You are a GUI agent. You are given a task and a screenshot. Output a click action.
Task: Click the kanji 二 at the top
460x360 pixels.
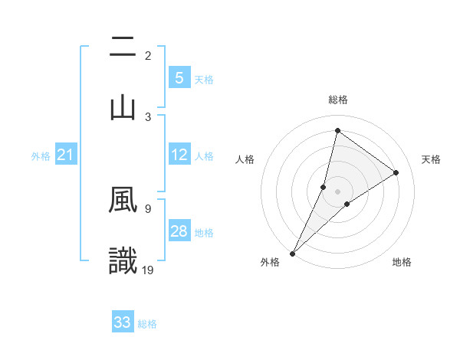[123, 48]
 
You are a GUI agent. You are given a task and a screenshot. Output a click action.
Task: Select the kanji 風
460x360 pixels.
[123, 201]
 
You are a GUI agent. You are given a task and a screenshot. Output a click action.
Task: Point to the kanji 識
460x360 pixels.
[123, 260]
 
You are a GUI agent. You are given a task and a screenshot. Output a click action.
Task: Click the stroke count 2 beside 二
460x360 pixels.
[148, 56]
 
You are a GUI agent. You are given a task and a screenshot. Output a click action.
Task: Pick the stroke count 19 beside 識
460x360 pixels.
[149, 269]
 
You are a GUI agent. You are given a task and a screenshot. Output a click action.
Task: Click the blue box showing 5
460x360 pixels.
[179, 78]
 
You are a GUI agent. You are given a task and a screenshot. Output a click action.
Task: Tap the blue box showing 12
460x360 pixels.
[179, 155]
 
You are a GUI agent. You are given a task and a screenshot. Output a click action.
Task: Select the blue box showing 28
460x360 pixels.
[179, 231]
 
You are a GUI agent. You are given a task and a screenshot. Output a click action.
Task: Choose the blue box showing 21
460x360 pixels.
[66, 155]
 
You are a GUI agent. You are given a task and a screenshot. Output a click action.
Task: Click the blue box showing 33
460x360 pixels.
[123, 322]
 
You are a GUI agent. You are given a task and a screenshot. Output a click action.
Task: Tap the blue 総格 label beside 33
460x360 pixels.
[147, 324]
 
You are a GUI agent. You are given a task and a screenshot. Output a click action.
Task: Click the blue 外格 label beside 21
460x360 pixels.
[41, 156]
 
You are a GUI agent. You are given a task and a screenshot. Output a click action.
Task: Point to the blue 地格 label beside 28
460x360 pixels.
[204, 232]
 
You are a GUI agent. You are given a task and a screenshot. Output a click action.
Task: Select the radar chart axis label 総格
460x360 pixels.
[338, 100]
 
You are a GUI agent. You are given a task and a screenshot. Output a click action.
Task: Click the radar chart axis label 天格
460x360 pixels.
[431, 159]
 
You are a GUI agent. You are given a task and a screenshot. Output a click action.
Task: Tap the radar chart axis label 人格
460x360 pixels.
[245, 159]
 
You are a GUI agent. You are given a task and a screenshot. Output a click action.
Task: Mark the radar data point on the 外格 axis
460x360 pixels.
[292, 253]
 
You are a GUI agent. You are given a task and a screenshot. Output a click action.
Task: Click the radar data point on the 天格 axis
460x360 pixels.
[396, 172]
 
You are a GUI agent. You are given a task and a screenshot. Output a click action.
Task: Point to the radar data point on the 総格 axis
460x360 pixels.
[337, 131]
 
